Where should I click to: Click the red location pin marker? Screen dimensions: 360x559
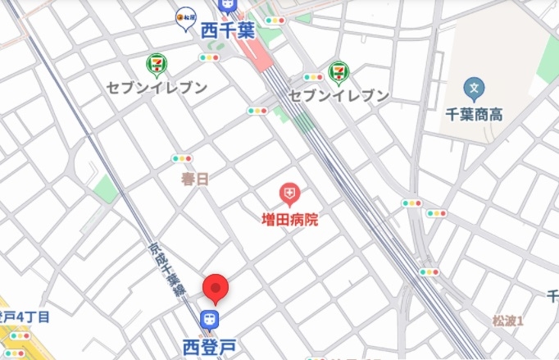pyautogui.click(x=215, y=288)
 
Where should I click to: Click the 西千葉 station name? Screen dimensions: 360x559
pyautogui.click(x=229, y=30)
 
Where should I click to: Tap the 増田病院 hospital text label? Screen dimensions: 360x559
pyautogui.click(x=289, y=220)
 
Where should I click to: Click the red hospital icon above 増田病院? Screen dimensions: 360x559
pyautogui.click(x=289, y=194)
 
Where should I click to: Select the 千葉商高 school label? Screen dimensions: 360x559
pyautogui.click(x=473, y=115)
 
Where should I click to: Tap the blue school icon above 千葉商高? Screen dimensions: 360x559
pyautogui.click(x=473, y=88)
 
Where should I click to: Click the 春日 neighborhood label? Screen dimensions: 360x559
pyautogui.click(x=195, y=178)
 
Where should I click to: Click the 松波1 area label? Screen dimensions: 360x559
pyautogui.click(x=508, y=320)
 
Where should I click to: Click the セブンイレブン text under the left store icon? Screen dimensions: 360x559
pyautogui.click(x=156, y=86)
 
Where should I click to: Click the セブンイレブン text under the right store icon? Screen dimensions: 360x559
pyautogui.click(x=339, y=96)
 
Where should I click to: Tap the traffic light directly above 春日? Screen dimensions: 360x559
pyautogui.click(x=182, y=158)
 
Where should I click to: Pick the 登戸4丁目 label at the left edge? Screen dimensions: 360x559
pyautogui.click(x=25, y=317)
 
